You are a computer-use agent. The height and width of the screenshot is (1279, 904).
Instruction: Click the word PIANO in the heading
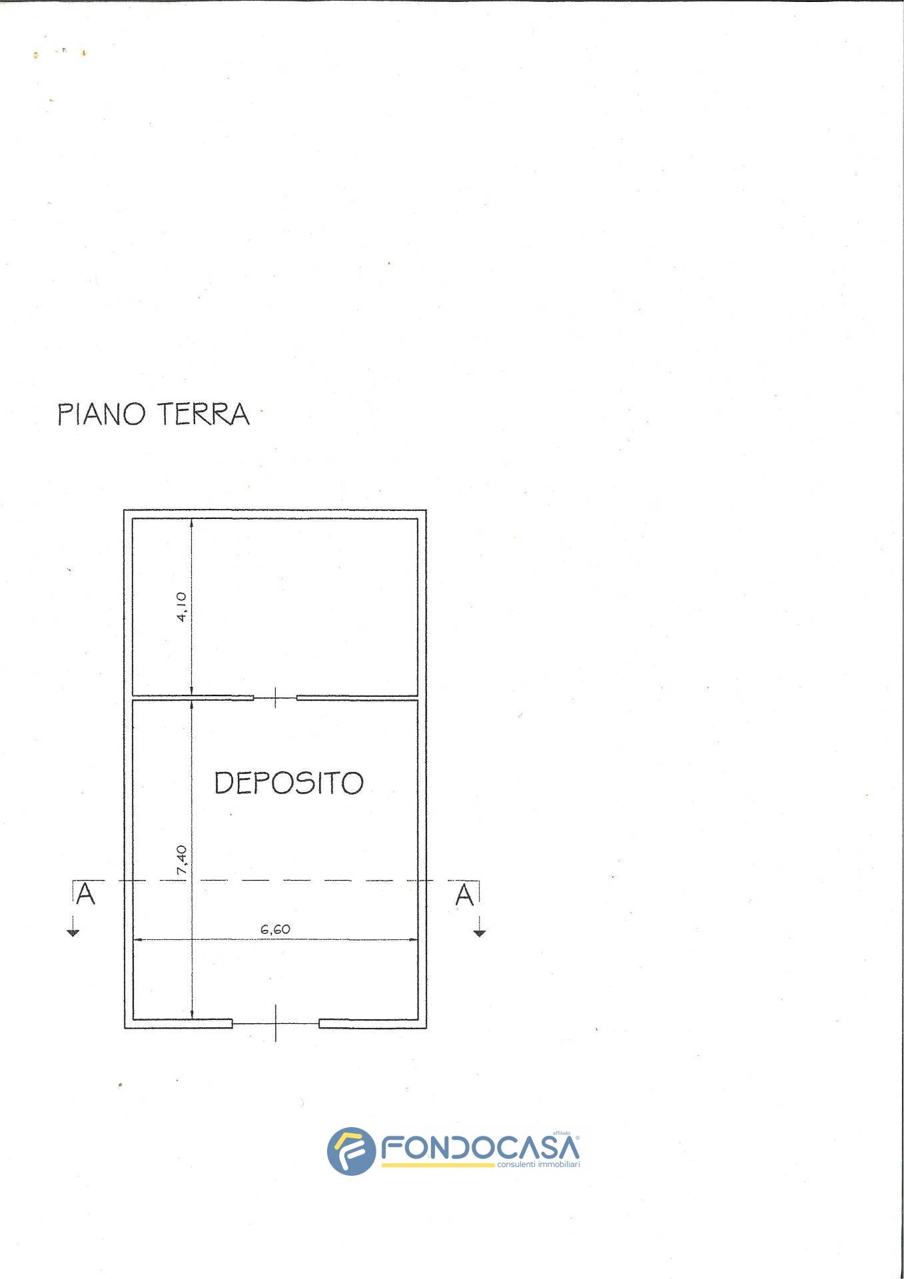[101, 414]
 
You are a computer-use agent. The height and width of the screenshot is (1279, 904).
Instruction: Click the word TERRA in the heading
[203, 414]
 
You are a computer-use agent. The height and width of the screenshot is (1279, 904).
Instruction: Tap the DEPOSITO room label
[288, 783]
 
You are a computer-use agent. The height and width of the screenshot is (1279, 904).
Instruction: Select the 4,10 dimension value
[182, 606]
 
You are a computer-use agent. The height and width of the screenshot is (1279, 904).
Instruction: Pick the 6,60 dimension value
[275, 929]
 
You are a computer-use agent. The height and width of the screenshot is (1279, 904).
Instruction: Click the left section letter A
[85, 895]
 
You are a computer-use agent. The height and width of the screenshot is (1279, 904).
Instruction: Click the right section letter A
[464, 895]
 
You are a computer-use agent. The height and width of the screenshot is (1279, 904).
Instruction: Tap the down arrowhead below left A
[73, 933]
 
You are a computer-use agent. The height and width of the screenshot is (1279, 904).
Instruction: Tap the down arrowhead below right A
[480, 933]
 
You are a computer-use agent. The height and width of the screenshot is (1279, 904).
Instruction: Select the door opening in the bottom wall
[275, 1023]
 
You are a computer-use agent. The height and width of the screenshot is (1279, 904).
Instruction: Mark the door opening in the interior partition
[275, 698]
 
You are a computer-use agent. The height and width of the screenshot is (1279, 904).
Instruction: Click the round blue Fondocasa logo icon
[351, 1151]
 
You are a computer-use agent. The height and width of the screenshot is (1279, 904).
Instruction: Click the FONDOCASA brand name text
[480, 1148]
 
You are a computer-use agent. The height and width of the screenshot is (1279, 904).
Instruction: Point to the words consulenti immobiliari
[538, 1164]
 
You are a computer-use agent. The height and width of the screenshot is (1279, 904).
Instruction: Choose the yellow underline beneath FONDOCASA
[438, 1165]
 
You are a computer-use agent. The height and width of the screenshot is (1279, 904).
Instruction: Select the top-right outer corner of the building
[426, 511]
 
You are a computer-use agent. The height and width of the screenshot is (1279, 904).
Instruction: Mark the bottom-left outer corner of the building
[125, 1028]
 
